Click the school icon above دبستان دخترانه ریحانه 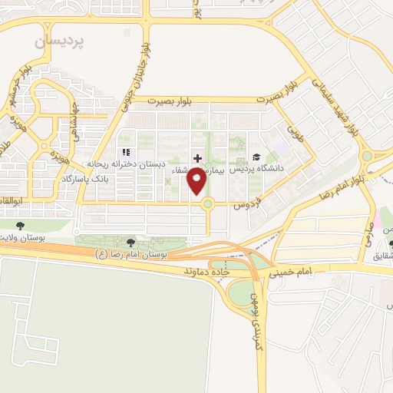126,153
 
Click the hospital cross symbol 197,157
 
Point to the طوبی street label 296,138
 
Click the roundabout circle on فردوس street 208,203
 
